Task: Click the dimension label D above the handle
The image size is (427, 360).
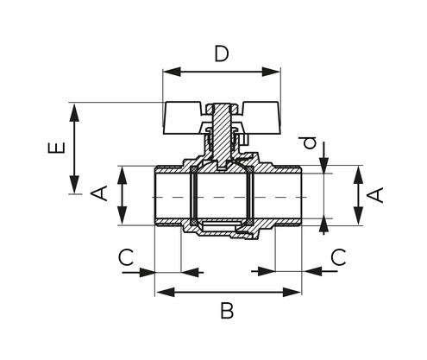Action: [222, 54]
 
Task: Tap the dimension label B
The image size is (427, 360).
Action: [227, 311]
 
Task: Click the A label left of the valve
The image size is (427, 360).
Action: [99, 193]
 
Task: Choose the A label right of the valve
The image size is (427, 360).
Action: [375, 193]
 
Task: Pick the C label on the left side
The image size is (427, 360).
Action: [126, 256]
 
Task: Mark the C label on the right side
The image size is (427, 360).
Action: [338, 256]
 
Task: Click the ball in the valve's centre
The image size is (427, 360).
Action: [223, 196]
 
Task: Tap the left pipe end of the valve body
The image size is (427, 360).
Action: [168, 196]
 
